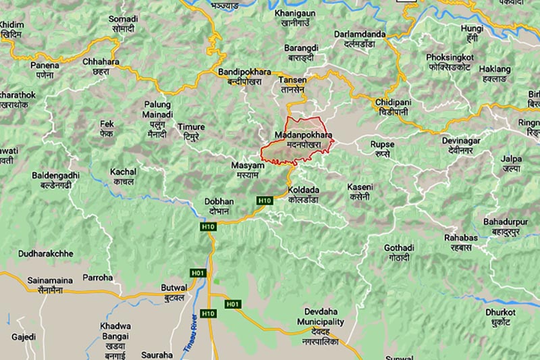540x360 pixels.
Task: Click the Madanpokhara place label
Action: (x=304, y=140)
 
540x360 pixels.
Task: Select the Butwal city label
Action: (x=174, y=292)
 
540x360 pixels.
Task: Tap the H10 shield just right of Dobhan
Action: (x=264, y=201)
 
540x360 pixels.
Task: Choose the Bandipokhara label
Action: (x=244, y=76)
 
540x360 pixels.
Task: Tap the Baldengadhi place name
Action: (x=55, y=179)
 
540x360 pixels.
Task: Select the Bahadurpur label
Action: (x=506, y=226)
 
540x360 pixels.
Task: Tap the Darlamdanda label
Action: (x=360, y=38)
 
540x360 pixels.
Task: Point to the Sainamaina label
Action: (x=45, y=284)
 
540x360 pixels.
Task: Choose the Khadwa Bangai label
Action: (x=115, y=336)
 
